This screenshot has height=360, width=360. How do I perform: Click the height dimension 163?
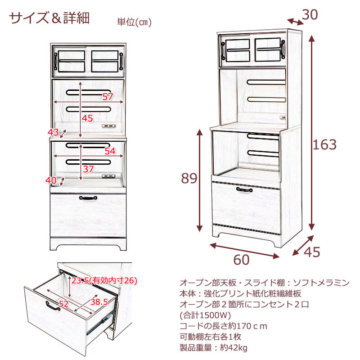[x=325, y=144]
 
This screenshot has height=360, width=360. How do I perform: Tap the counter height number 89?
[x=189, y=179]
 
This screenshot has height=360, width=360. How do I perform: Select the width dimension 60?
[x=242, y=260]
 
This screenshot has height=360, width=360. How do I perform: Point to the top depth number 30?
[x=310, y=15]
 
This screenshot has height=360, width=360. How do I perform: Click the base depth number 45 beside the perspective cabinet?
[x=311, y=252]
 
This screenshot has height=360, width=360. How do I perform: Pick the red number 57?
[x=108, y=97]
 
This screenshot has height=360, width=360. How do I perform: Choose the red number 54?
[x=110, y=151]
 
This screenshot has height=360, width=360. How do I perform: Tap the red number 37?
[x=88, y=169]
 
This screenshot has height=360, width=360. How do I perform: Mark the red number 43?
[x=53, y=132]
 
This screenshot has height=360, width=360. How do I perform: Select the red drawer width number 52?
[x=64, y=304]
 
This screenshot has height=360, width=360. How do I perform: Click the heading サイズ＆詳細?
[x=50, y=18]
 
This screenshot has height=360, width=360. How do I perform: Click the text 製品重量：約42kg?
[x=213, y=348]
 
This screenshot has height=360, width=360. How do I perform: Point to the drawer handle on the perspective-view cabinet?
[x=245, y=192]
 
